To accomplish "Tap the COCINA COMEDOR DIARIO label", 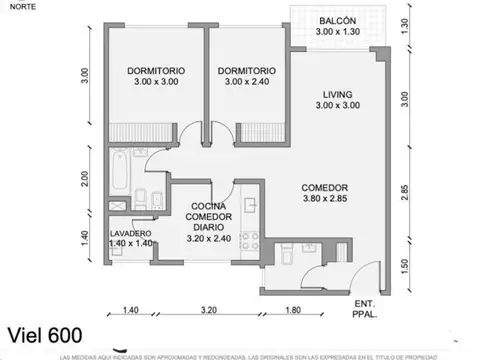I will (x=211, y=223).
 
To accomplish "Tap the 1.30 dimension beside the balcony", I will (x=404, y=27).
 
